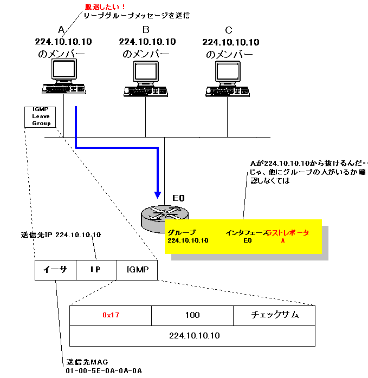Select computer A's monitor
pos(64,70)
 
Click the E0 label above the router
pos(179,199)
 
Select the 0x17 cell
pos(111,315)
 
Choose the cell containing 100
pos(192,315)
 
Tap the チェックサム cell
pos(274,315)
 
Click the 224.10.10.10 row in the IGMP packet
pos(192,336)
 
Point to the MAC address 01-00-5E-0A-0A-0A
pos(104,370)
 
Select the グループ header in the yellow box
pos(182,232)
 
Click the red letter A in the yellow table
pos(282,240)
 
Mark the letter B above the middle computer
pos(146,29)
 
